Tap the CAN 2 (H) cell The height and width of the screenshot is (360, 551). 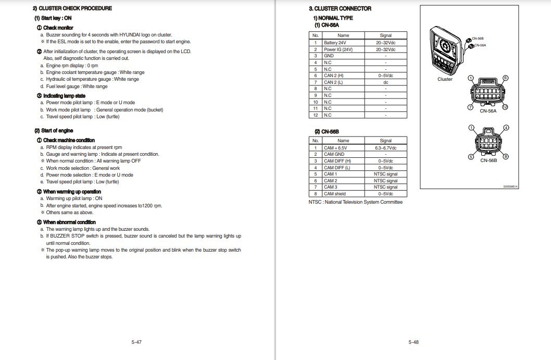click(x=333, y=76)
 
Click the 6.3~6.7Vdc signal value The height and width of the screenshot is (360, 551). click(x=385, y=148)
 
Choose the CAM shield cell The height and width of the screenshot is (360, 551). click(x=334, y=194)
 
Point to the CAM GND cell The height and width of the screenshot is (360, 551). click(x=334, y=154)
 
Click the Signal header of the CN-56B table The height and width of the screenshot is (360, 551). click(x=385, y=141)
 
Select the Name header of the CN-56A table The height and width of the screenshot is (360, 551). click(x=343, y=35)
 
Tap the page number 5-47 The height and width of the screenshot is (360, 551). click(x=136, y=342)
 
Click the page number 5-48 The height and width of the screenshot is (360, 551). click(x=414, y=342)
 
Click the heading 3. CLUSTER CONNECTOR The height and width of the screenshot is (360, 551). click(x=340, y=8)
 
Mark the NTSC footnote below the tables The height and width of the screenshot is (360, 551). click(x=355, y=202)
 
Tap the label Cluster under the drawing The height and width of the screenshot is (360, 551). click(x=445, y=79)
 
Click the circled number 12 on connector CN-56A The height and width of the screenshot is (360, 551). click(x=505, y=107)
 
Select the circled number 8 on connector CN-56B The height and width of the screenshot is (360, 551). click(x=505, y=157)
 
